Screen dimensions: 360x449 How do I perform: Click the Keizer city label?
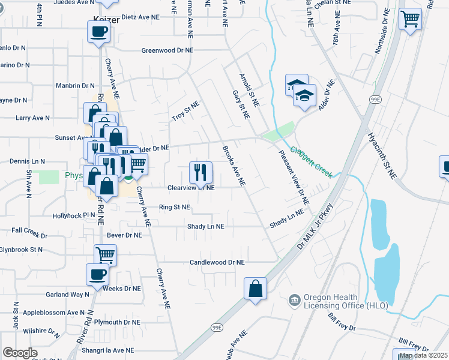[106, 19]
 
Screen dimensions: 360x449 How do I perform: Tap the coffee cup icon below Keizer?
[98, 32]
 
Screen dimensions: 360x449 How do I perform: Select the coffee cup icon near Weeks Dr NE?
[97, 275]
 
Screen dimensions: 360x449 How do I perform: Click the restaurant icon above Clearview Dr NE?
[200, 172]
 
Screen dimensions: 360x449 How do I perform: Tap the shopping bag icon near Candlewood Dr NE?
[255, 288]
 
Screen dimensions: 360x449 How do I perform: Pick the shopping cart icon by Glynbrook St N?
[105, 254]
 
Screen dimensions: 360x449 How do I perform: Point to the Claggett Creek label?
[311, 162]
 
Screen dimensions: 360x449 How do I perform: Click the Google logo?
[20, 353]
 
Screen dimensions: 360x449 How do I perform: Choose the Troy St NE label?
[185, 110]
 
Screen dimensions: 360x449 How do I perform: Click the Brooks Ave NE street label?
[234, 165]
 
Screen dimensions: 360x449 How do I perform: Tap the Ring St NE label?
[174, 208]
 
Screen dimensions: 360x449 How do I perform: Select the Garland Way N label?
[67, 295]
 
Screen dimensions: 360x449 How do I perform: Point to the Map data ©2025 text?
[423, 355]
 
